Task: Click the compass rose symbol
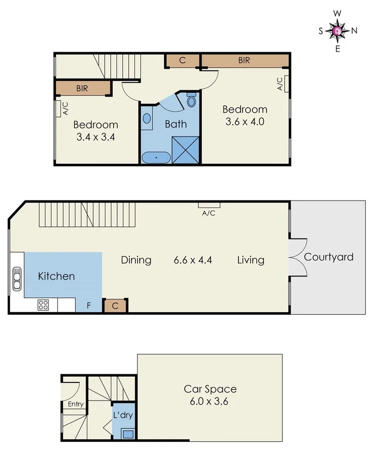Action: (x=337, y=31)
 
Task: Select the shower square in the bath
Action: (x=186, y=150)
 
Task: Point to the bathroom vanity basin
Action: (x=146, y=119)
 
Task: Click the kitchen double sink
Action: (x=17, y=278)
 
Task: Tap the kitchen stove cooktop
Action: (x=43, y=305)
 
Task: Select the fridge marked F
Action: (x=89, y=305)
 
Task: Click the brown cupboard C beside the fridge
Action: (x=115, y=305)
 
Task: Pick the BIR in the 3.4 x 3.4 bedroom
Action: (x=83, y=88)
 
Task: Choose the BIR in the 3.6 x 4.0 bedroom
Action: (x=245, y=60)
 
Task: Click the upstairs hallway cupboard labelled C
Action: (x=182, y=60)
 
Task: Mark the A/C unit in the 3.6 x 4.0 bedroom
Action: (x=286, y=84)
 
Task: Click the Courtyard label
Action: (x=329, y=257)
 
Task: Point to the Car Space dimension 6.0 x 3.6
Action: (x=210, y=401)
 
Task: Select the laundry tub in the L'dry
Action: (x=128, y=433)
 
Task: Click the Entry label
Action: (x=76, y=404)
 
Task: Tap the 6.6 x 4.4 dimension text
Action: (x=193, y=260)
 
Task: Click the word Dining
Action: (x=136, y=260)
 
